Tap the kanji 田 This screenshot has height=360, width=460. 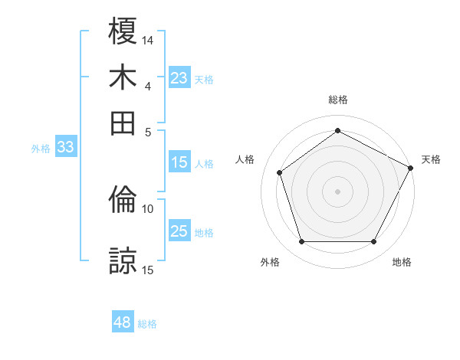point(123,123)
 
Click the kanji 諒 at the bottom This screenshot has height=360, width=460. point(123,261)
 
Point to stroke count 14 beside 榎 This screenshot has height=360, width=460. point(148,39)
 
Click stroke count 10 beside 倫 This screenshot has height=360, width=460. point(148,208)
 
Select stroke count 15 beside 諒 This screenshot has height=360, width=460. point(148,269)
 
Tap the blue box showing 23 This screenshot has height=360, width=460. point(179,78)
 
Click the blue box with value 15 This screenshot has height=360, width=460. point(179,162)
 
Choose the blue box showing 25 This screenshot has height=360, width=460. point(179,231)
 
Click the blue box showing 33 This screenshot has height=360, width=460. point(64,148)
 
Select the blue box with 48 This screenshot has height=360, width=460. point(123,323)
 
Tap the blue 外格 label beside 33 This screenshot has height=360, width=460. point(41,149)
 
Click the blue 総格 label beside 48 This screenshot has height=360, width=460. point(147,324)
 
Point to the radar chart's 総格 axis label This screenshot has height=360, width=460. point(338,100)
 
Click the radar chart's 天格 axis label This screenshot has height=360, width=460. point(431,159)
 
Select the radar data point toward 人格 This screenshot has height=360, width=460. point(280,172)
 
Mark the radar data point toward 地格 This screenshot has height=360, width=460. point(374,242)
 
